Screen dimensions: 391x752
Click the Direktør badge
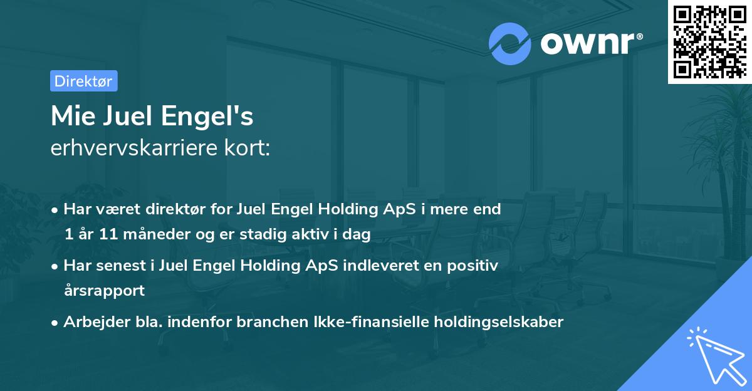pyautogui.click(x=83, y=81)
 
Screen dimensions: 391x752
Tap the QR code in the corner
pyautogui.click(x=709, y=41)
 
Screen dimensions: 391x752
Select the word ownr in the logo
pyautogui.click(x=589, y=43)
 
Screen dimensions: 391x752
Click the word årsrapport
pyautogui.click(x=104, y=291)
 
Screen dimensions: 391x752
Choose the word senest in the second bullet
pyautogui.click(x=118, y=266)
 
